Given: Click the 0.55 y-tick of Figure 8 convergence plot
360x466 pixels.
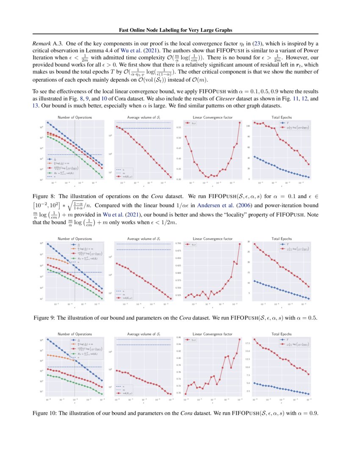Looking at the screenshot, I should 179,128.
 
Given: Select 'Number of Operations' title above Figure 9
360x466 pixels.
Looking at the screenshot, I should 75,239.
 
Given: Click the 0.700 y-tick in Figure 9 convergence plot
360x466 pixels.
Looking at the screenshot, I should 178,243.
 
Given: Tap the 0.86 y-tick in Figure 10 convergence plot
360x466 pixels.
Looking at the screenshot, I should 179,338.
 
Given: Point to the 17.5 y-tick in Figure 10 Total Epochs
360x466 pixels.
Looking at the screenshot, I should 249,344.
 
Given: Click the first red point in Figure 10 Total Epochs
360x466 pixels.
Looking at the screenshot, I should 255,339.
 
